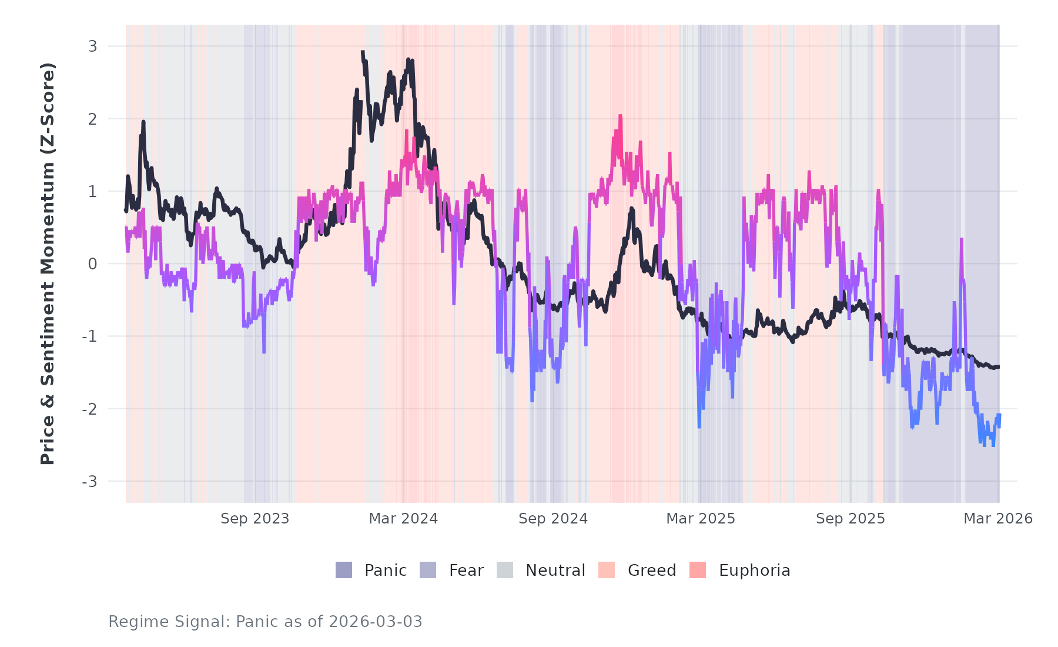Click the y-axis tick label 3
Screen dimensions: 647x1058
92,46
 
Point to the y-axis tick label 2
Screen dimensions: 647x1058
92,119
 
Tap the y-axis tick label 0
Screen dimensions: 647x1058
92,264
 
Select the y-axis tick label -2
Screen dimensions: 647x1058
89,409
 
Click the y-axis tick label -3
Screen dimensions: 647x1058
89,482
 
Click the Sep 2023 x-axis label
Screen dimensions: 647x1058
255,519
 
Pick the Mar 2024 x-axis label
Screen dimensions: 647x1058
403,519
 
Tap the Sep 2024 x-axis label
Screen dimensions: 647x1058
553,519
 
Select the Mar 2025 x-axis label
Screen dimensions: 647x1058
701,519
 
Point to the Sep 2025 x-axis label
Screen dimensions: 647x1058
851,519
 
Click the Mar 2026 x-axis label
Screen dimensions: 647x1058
998,519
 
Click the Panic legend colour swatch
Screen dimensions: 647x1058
344,570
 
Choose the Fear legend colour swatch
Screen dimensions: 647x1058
428,570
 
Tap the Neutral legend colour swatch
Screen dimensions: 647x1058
505,570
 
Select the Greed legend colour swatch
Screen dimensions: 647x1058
607,570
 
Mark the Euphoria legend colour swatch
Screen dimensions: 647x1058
698,570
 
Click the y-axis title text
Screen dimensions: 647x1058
47,264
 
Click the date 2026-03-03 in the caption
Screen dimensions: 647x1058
375,622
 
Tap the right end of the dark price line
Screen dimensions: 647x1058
999,367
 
